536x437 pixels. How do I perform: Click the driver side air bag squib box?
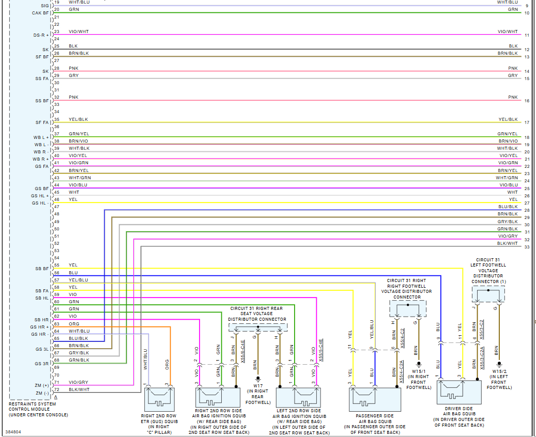[460, 392]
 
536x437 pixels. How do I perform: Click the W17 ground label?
[257, 386]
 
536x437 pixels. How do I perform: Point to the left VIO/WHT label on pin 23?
[79, 32]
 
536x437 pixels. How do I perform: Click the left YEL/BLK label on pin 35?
[78, 119]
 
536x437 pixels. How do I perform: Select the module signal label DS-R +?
[41, 35]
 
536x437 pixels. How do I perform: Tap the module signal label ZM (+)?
[41, 385]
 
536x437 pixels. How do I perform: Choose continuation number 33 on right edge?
[527, 247]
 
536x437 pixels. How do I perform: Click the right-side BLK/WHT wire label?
[507, 243]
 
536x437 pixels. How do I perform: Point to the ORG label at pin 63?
[74, 324]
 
